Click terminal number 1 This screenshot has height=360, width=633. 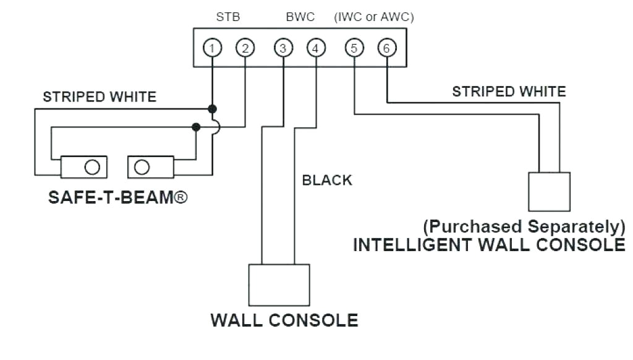[x=212, y=48]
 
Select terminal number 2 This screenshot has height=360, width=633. [x=245, y=48]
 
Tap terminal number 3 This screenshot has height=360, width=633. [x=283, y=48]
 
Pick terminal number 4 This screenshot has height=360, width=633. [x=316, y=48]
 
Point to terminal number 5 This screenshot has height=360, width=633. [x=354, y=48]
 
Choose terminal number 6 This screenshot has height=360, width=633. [x=386, y=48]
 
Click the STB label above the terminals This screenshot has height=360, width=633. [x=228, y=17]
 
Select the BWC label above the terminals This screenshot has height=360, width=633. [x=300, y=17]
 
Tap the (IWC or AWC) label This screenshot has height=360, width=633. [x=373, y=17]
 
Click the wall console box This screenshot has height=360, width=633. [x=279, y=285]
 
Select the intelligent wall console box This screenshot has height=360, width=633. [x=549, y=192]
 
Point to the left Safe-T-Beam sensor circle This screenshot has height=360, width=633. [x=92, y=167]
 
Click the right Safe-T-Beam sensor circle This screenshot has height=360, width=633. [x=142, y=167]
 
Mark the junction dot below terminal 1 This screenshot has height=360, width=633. [x=212, y=108]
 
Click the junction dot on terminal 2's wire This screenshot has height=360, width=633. [x=196, y=127]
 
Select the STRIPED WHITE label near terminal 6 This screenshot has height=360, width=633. [x=508, y=92]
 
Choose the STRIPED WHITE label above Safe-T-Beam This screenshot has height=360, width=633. [x=100, y=96]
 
